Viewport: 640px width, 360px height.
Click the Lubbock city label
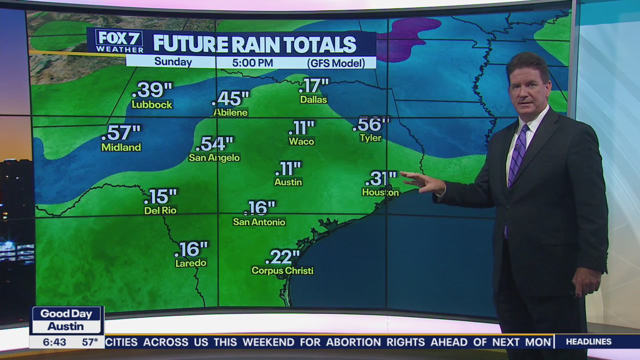(151, 104)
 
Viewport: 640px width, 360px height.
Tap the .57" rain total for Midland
(121, 133)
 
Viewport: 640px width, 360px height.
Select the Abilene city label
(230, 112)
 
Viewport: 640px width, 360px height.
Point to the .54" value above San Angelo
(214, 144)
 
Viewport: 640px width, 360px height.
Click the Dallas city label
(313, 99)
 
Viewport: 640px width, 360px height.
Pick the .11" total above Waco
(301, 128)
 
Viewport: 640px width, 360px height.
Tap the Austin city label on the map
(288, 182)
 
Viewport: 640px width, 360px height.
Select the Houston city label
(380, 192)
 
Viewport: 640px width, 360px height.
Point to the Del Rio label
(160, 210)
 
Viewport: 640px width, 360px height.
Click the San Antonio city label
(259, 221)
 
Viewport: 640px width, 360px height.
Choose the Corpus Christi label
(282, 270)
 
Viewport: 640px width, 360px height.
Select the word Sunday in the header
(173, 62)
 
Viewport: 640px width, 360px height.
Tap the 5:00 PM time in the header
(252, 62)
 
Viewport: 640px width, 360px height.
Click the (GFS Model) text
(341, 63)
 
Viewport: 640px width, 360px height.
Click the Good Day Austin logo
(66, 320)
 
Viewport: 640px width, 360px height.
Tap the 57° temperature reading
(90, 342)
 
